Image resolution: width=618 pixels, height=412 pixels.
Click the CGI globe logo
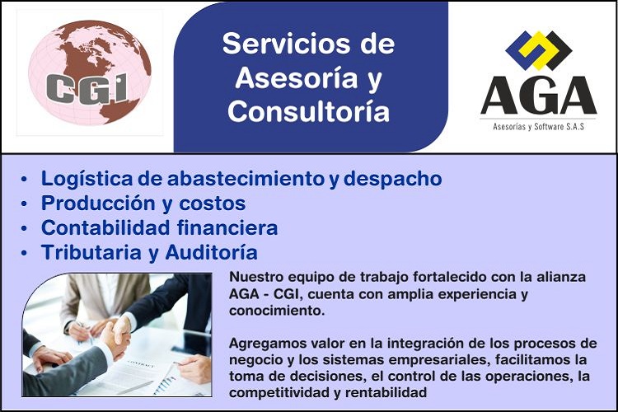tap(90, 73)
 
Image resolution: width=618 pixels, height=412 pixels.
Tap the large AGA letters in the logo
tap(538, 96)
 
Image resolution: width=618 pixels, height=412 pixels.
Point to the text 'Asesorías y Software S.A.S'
tap(538, 127)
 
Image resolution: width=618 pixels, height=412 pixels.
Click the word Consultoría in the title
tap(309, 111)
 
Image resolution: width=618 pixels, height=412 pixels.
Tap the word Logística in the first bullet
tap(87, 179)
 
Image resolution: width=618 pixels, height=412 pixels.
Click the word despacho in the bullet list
tap(392, 179)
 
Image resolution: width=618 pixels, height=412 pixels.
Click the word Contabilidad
tap(105, 228)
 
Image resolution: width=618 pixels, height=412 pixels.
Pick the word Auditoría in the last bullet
tap(211, 252)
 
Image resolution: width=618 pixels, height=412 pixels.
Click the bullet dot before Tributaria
tap(25, 253)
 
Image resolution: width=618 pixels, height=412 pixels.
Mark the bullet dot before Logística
tap(25, 180)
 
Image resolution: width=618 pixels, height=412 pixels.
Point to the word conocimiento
tap(277, 311)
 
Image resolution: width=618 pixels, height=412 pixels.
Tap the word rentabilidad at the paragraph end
tap(386, 393)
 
